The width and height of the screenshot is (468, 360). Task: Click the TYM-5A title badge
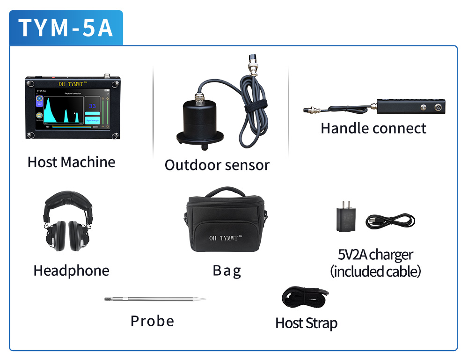pos(66,28)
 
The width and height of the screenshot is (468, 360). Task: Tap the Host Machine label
pos(71,162)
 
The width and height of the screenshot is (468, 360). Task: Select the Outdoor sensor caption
pos(217,165)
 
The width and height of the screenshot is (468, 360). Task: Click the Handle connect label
pos(373,128)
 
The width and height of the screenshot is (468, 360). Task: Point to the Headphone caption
pos(71,271)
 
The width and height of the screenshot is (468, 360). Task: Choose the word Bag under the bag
pos(227,271)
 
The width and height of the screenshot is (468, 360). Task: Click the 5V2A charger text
pos(375,255)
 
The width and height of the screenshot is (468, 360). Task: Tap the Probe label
pos(152,321)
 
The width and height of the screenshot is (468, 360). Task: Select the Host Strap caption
pos(306,323)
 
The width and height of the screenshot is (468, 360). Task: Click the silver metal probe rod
pos(154,299)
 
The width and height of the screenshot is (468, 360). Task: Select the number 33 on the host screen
pos(92,106)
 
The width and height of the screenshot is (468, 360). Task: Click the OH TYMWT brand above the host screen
pos(73,84)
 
